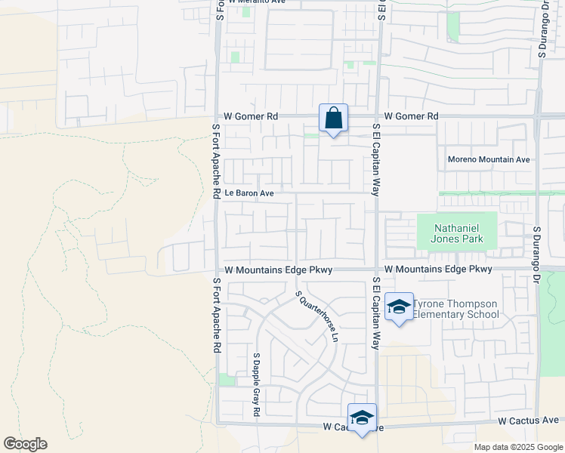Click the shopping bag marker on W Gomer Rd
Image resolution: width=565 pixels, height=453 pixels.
pyautogui.click(x=333, y=119)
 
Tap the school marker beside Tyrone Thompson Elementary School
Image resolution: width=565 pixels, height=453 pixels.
pyautogui.click(x=399, y=307)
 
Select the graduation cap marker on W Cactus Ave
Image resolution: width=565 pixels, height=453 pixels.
pyautogui.click(x=362, y=418)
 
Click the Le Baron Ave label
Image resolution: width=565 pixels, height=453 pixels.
pyautogui.click(x=246, y=193)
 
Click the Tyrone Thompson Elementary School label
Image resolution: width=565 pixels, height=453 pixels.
pyautogui.click(x=456, y=309)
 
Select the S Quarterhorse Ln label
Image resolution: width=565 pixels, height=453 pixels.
pyautogui.click(x=317, y=316)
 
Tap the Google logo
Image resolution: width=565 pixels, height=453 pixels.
pyautogui.click(x=25, y=444)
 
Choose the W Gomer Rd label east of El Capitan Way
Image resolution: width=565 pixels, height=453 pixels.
pyautogui.click(x=411, y=116)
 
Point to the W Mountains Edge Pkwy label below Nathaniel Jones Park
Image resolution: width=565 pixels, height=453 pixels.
pyautogui.click(x=438, y=269)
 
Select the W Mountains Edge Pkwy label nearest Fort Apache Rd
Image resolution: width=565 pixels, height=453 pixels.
pyautogui.click(x=279, y=270)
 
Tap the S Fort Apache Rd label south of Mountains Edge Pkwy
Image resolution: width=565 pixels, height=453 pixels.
pyautogui.click(x=216, y=316)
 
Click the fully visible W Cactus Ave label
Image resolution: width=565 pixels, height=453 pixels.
pyautogui.click(x=528, y=420)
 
